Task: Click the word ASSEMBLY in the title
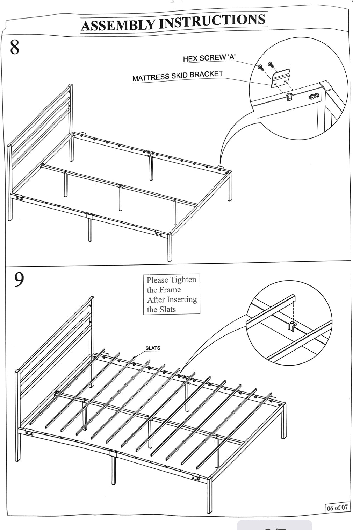point(118,25)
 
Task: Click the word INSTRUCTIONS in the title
point(213,21)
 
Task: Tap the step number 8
point(15,47)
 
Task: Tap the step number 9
point(19,280)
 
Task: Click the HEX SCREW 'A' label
point(209,58)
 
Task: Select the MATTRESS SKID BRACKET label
point(178,76)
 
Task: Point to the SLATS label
point(153,348)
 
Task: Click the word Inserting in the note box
point(182,299)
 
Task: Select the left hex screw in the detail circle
point(260,67)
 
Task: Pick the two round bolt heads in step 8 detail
point(314,97)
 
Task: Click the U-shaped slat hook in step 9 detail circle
point(291,326)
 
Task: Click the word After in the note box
point(156,300)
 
